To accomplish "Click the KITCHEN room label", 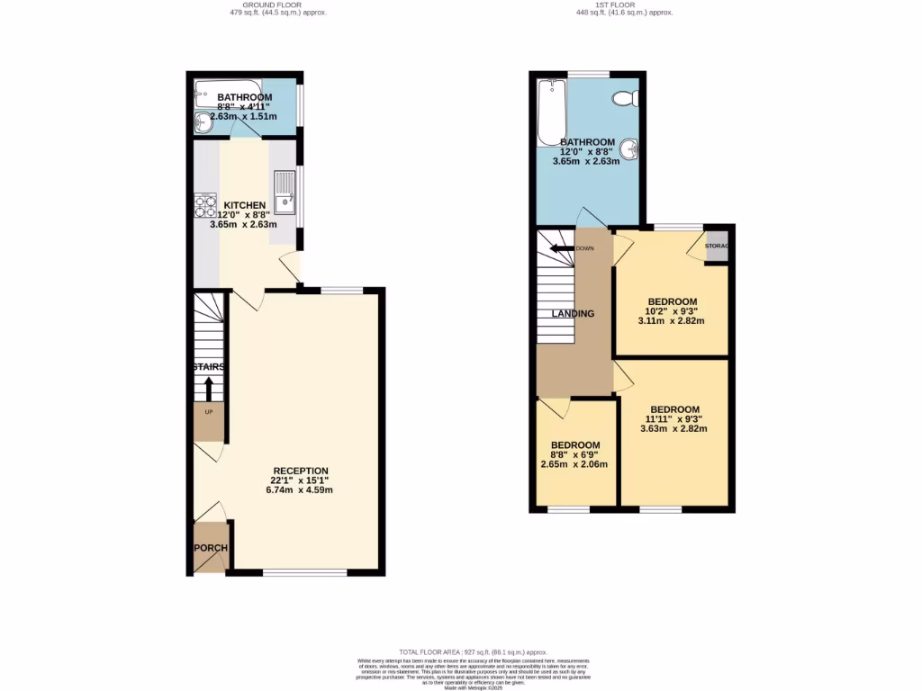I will (x=245, y=205).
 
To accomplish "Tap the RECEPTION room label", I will (x=301, y=471).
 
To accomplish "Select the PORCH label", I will (x=211, y=548).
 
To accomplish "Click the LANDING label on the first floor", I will (x=573, y=314).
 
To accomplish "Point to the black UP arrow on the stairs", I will (x=208, y=389).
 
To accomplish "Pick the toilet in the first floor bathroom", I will (x=622, y=97).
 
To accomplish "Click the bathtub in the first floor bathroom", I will (x=550, y=112).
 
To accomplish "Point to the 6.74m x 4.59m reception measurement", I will (x=301, y=490).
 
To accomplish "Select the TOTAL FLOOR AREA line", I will (x=460, y=651).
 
